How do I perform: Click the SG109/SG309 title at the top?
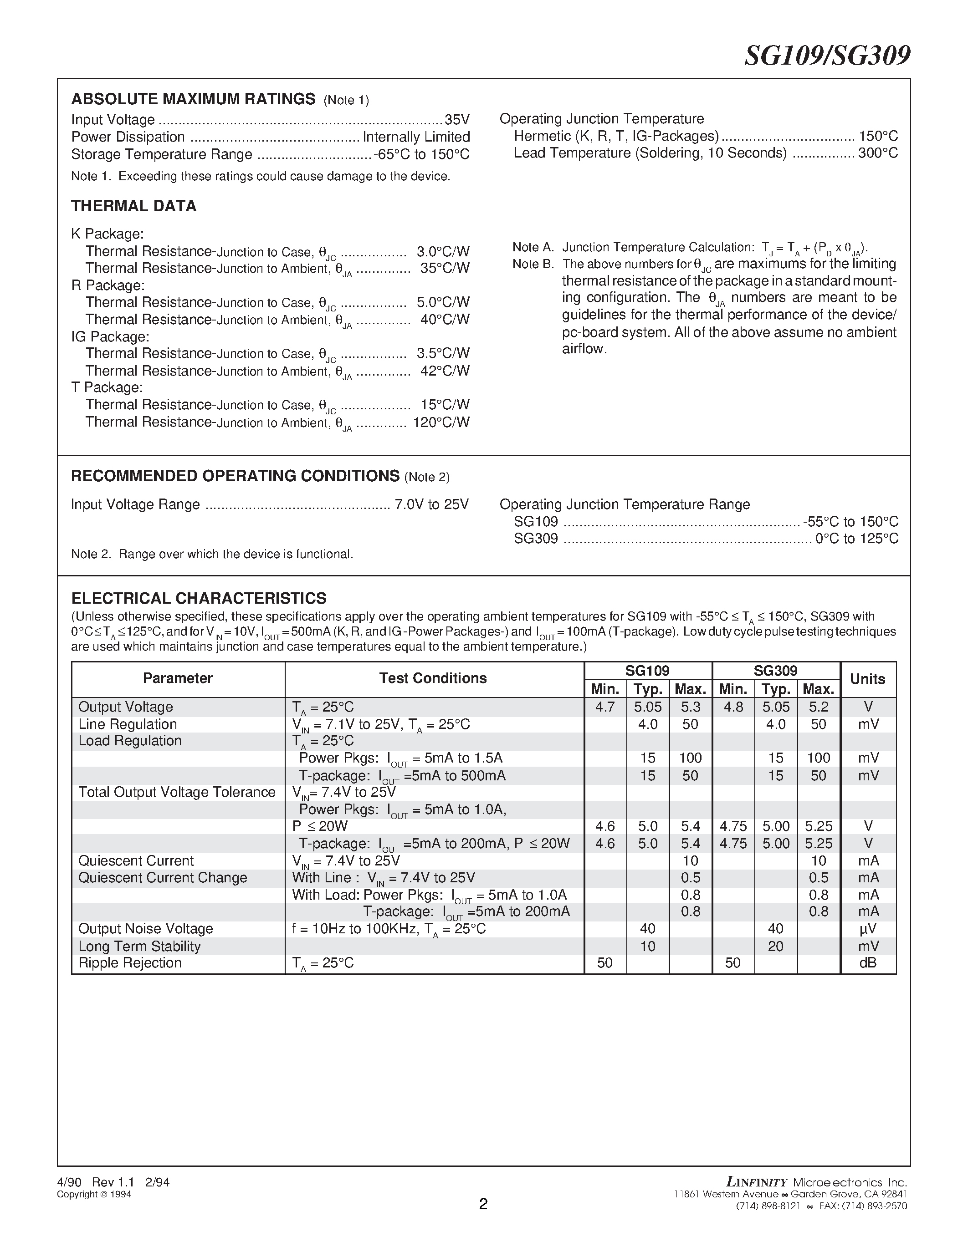(826, 56)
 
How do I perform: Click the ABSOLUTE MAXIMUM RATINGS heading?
(193, 99)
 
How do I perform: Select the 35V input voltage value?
(457, 120)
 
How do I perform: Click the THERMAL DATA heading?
(133, 206)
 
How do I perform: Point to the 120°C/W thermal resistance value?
(441, 422)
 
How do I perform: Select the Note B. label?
(533, 264)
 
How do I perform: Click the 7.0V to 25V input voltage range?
(431, 504)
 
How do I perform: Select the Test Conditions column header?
(433, 678)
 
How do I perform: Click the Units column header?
(868, 679)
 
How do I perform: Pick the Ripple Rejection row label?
(130, 963)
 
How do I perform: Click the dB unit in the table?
(868, 963)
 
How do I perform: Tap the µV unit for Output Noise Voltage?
(868, 929)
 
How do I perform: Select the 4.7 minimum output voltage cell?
(605, 707)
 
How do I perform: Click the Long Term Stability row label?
(139, 947)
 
